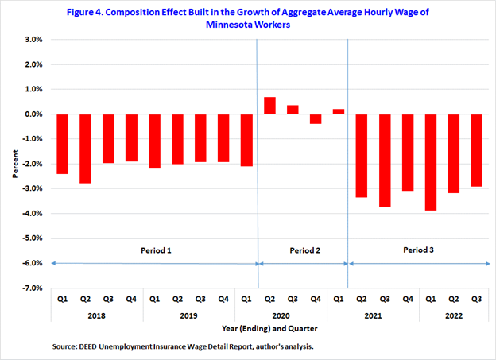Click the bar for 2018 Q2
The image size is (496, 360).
coord(85,149)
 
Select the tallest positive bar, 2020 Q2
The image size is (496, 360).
coord(269,106)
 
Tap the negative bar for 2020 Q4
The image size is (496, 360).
coord(316,119)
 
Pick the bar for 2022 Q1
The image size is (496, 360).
coord(431,162)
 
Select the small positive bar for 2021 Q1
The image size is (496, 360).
coord(338,111)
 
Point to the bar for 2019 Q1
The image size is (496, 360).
coord(154,141)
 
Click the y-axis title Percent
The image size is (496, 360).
coord(16,164)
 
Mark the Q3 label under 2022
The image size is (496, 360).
coord(476,300)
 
